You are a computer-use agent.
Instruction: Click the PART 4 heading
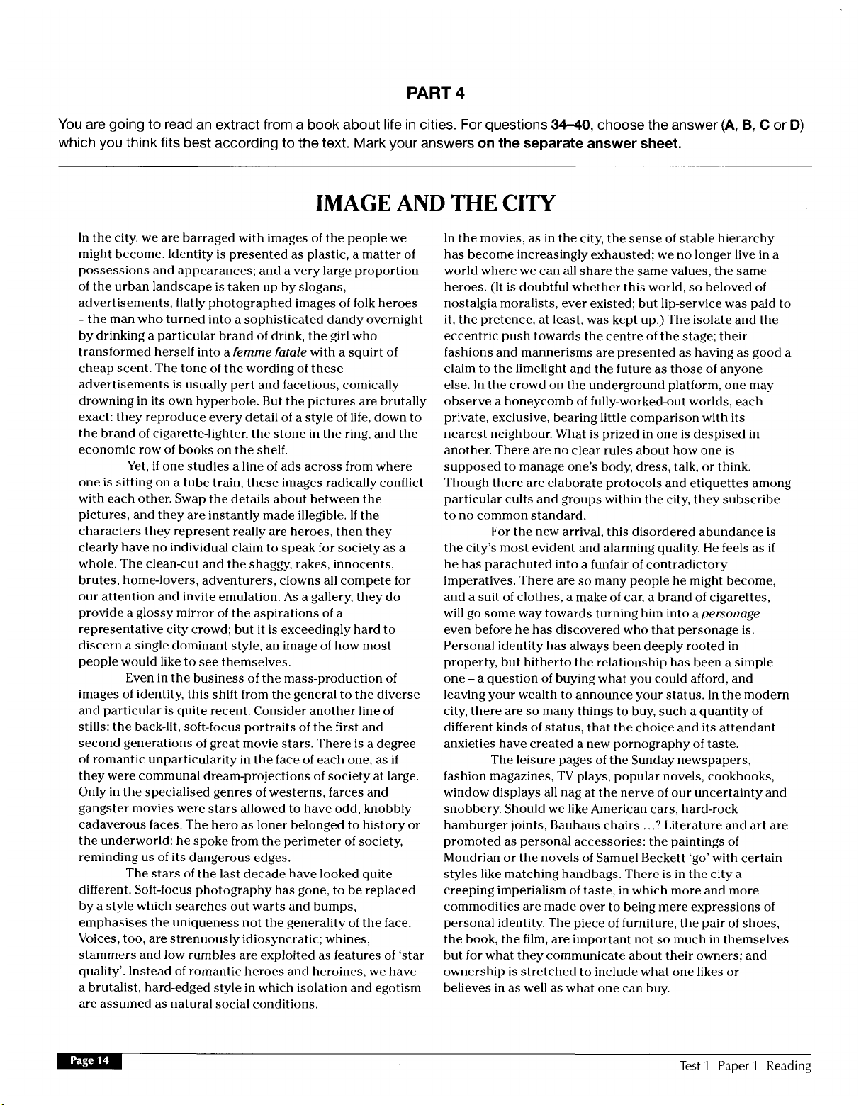436,93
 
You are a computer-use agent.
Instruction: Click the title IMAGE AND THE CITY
434,203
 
